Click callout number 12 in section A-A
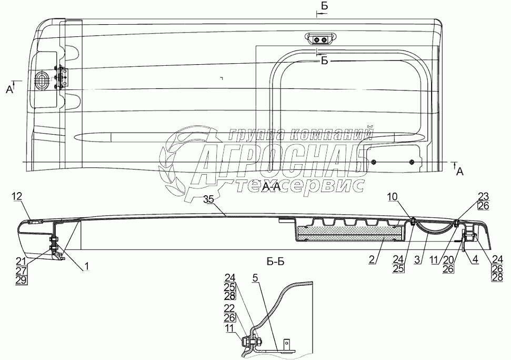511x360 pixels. [17, 196]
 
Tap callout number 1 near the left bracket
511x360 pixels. [86, 267]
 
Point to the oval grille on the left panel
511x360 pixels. [43, 81]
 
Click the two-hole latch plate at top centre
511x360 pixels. [319, 39]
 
